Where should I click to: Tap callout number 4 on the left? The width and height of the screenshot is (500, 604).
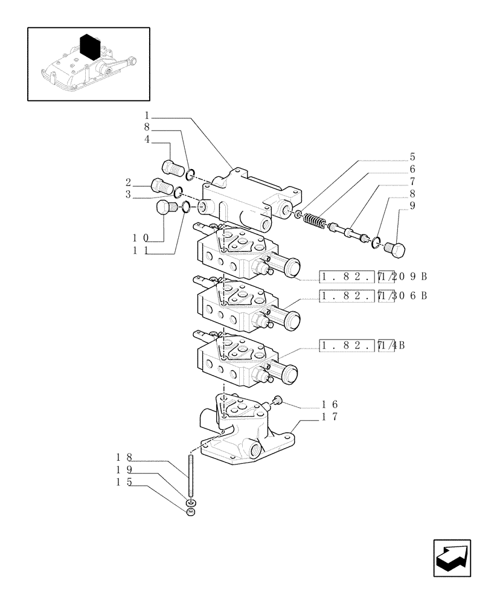(147, 140)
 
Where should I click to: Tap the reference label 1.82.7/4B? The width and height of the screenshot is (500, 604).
(362, 345)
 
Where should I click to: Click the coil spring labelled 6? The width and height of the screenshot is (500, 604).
(313, 220)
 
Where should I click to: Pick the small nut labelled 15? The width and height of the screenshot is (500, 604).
(191, 513)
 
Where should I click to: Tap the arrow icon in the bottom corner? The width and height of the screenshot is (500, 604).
(452, 559)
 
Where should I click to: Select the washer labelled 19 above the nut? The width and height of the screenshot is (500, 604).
(191, 502)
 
